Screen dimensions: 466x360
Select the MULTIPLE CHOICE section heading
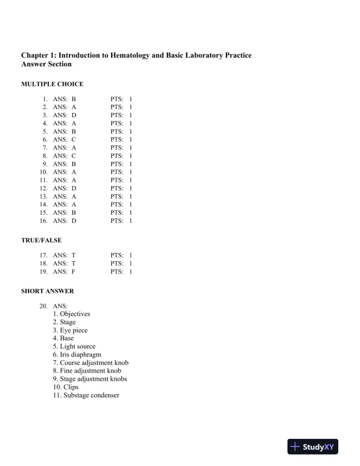(x=52, y=84)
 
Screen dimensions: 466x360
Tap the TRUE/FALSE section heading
(x=41, y=240)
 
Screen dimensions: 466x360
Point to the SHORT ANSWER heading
(x=48, y=291)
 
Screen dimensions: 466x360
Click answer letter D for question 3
(x=74, y=116)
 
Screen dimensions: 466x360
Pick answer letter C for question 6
(x=74, y=140)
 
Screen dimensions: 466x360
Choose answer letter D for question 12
(x=74, y=188)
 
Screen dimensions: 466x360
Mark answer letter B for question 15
(x=74, y=212)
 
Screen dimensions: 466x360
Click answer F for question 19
(x=74, y=272)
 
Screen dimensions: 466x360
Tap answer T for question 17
(x=74, y=256)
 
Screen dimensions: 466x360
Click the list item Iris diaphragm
(x=76, y=355)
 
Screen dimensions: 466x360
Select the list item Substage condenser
(x=86, y=395)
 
